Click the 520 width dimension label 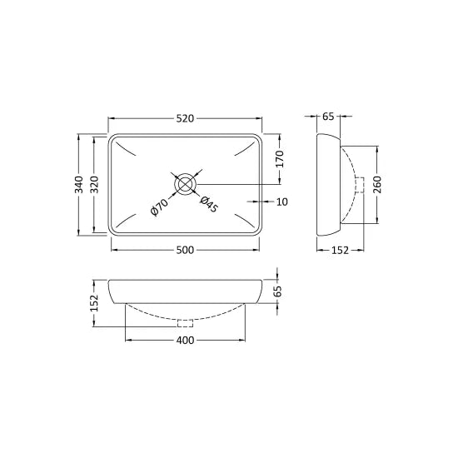pos(184,118)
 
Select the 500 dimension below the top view pos(184,249)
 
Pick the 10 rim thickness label pos(282,202)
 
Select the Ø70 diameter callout pos(160,206)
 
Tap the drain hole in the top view pos(185,183)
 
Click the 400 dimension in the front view pos(184,341)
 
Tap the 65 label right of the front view pos(279,291)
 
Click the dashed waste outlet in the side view pos(360,185)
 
